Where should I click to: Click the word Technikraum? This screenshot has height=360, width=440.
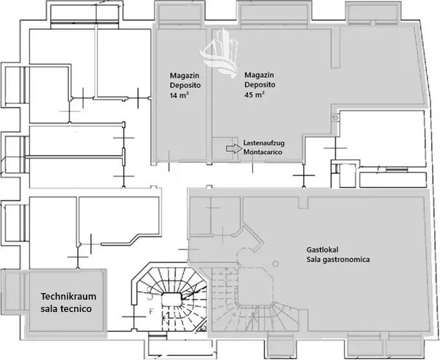point(68,297)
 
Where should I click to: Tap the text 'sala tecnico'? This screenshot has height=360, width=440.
point(68,310)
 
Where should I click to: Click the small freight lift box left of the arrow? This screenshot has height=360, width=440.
point(220,148)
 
